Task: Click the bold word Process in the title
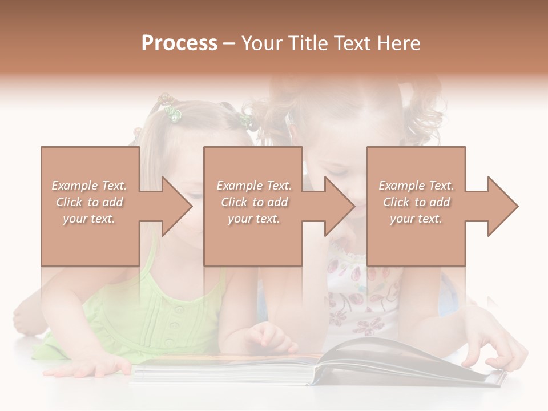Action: (179, 43)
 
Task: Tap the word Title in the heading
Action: (306, 43)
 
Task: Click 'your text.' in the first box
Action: (88, 219)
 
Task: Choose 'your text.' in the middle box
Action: (253, 219)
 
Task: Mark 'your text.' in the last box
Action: (416, 219)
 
